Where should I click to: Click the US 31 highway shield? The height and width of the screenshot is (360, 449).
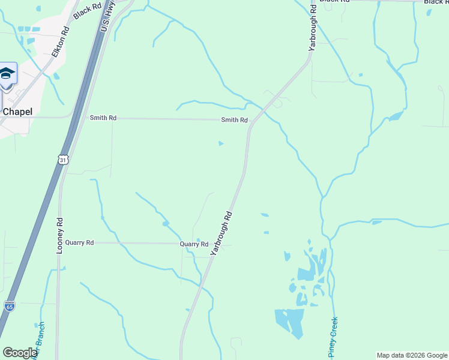coord(64,160)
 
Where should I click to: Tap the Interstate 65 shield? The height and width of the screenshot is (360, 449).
coord(9,306)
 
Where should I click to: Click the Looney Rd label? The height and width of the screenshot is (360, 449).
coord(59,235)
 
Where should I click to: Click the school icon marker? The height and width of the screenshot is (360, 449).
coord(7,74)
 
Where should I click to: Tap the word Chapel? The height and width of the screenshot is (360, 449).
coord(17,112)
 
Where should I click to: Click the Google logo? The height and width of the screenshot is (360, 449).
coord(19,353)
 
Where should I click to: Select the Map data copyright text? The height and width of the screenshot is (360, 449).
coord(412,355)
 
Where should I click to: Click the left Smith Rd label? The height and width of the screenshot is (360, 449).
coord(103,118)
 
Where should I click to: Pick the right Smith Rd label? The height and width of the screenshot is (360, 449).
coord(234,120)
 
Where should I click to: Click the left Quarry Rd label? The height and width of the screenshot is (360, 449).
coord(80,243)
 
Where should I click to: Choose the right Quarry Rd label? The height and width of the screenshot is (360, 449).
coord(194,244)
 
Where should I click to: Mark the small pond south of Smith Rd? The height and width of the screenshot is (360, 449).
coord(221,143)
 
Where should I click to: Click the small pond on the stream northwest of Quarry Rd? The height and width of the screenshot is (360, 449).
coord(166,224)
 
